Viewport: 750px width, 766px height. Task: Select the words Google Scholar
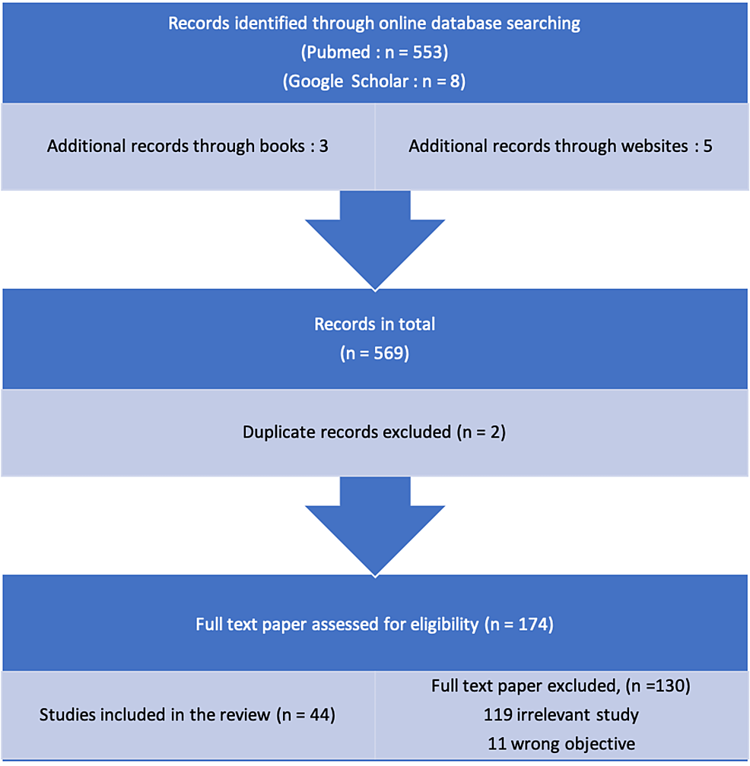point(348,81)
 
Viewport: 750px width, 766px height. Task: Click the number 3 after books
point(324,146)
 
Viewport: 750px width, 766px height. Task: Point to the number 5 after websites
point(707,146)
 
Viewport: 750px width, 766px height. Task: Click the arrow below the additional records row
point(375,240)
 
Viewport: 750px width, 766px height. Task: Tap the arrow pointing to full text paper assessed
point(375,527)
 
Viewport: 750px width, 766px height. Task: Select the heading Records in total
point(374,324)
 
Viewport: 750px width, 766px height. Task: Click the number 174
point(533,625)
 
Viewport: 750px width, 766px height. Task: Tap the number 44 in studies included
point(319,714)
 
